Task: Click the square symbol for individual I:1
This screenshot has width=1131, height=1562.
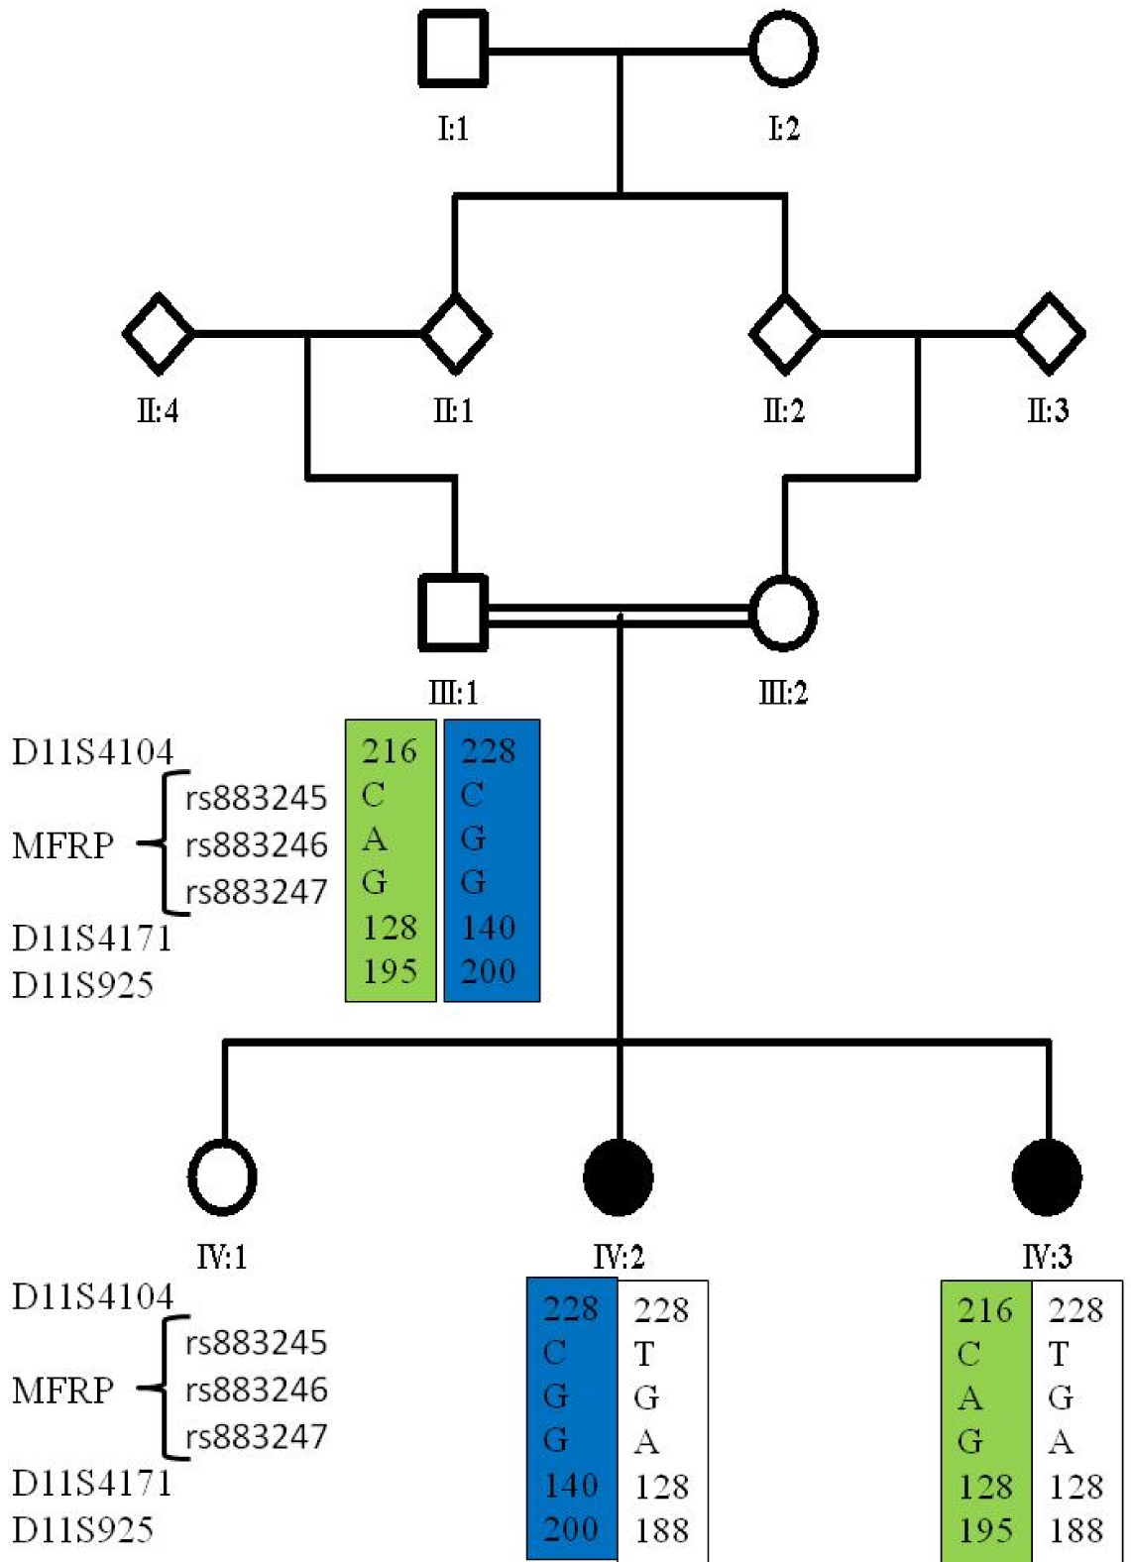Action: click(x=453, y=49)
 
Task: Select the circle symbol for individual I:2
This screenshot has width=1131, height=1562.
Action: click(x=783, y=49)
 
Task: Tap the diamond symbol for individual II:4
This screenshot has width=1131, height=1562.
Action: click(x=158, y=334)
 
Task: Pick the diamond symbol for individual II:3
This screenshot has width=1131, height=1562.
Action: click(x=1050, y=334)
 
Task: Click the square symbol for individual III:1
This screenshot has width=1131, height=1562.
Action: click(x=453, y=613)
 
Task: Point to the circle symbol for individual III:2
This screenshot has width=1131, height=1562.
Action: click(x=783, y=613)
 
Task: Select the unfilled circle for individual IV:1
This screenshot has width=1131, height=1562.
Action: click(x=222, y=1176)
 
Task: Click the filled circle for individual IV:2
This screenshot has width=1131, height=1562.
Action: click(x=619, y=1176)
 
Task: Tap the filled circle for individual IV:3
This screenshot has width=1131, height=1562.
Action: click(x=1047, y=1176)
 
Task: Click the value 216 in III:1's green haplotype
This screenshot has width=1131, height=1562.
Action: click(x=390, y=751)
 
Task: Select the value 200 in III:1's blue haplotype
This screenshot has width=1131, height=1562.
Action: click(x=489, y=971)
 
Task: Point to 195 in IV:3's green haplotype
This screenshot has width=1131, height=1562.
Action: click(x=985, y=1530)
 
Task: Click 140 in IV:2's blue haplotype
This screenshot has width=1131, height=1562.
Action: click(x=571, y=1486)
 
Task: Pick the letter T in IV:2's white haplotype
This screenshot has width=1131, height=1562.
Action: click(x=644, y=1354)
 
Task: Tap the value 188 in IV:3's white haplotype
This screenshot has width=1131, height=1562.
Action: click(x=1075, y=1530)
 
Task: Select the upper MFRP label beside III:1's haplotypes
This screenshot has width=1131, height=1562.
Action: click(x=62, y=845)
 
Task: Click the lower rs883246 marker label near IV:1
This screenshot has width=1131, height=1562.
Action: click(x=256, y=1390)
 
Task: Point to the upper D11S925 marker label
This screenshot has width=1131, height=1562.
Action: click(x=82, y=985)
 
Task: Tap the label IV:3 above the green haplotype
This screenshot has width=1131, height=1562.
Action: click(x=1047, y=1258)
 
